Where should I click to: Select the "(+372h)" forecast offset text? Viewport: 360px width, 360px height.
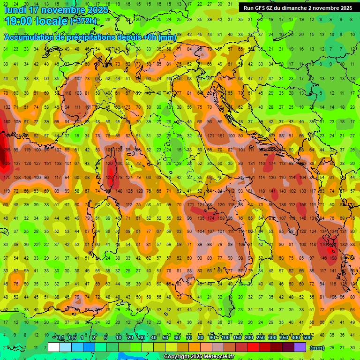(83, 21)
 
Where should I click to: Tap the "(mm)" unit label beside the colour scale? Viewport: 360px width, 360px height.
(317, 348)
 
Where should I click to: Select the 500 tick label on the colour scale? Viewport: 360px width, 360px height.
(307, 338)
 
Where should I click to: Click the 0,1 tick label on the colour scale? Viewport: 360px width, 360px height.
(60, 338)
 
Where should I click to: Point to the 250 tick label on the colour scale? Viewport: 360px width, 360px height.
(260, 338)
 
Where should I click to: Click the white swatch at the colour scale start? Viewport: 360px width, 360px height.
(54, 347)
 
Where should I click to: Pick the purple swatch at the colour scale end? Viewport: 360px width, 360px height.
(300, 347)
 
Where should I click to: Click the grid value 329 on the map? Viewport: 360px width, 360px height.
(7, 164)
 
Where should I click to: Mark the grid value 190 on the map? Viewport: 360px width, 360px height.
(333, 258)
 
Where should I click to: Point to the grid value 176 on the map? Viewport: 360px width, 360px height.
(323, 244)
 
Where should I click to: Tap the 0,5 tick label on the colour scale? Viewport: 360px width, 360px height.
(72, 338)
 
